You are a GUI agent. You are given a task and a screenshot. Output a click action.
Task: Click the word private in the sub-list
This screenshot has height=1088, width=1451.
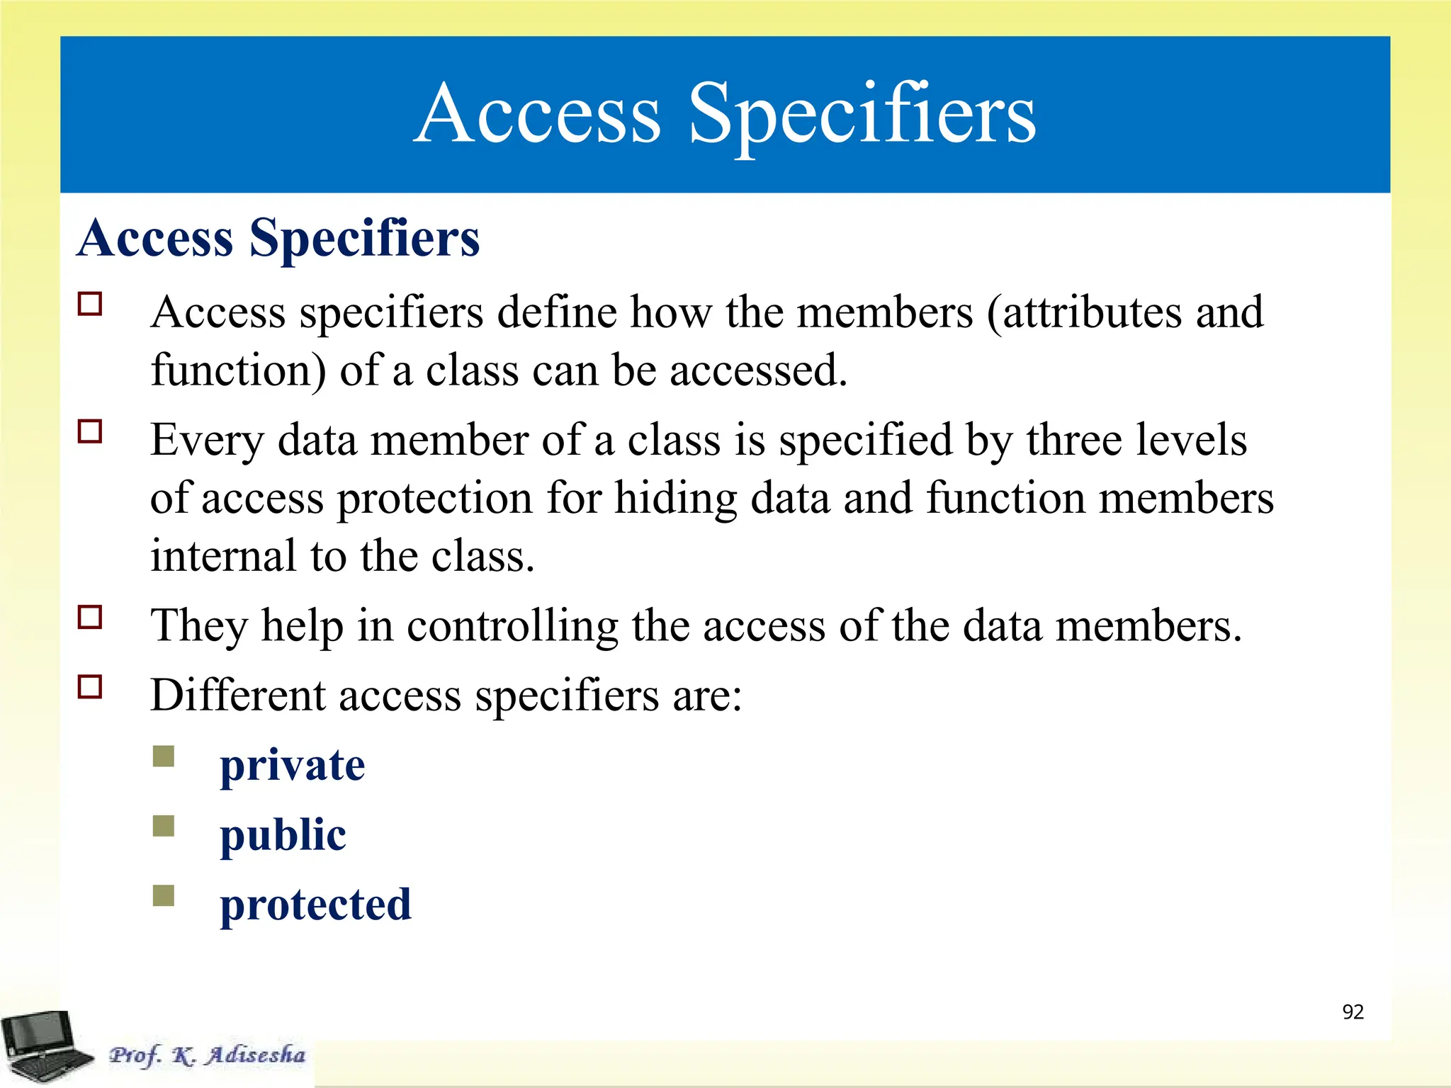click(292, 766)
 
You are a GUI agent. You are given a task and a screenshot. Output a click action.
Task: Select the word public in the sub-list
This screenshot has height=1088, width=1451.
click(283, 836)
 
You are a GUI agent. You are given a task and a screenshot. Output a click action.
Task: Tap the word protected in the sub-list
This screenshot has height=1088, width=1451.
click(315, 905)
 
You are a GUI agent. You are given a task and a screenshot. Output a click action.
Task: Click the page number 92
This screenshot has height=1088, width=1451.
click(1353, 1012)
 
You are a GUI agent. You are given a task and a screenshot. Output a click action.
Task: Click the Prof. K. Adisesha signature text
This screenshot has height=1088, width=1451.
click(207, 1055)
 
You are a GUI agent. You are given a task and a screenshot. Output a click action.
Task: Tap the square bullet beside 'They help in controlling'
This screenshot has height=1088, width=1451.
click(90, 617)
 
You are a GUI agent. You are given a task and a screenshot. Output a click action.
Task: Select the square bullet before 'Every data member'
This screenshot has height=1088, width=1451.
click(90, 431)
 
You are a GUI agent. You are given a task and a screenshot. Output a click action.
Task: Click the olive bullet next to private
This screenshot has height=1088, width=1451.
click(164, 756)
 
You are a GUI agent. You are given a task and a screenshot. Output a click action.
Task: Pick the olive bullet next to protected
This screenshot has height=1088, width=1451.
click(164, 895)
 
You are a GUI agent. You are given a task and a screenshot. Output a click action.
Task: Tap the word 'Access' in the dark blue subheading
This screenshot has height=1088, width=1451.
click(155, 238)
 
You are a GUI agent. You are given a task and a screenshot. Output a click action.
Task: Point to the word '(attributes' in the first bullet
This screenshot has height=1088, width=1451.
click(1085, 312)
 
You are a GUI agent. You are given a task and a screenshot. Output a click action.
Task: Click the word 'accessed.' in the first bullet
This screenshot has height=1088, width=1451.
click(758, 370)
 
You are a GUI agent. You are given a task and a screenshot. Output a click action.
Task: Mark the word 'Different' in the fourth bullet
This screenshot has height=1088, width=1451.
click(238, 696)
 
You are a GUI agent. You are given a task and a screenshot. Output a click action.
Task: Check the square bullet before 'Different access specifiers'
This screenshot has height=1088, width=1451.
click(90, 686)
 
